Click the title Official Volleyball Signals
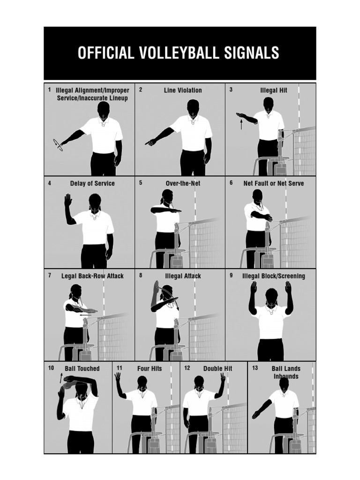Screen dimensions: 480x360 tap(179, 53)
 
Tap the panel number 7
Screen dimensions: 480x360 tap(50, 276)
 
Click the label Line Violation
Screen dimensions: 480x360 tap(183, 90)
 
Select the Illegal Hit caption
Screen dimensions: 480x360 tap(274, 90)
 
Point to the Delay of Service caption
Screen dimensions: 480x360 tap(92, 183)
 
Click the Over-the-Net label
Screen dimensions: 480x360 tap(183, 183)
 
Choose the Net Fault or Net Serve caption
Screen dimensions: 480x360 tap(273, 183)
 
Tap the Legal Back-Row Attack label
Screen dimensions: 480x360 tap(92, 276)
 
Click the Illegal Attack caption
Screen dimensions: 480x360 tap(183, 276)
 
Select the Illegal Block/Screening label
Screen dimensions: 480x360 tap(273, 276)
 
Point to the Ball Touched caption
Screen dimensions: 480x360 tap(82, 369)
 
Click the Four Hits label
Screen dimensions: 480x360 tap(150, 369)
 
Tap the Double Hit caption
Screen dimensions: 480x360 tap(218, 369)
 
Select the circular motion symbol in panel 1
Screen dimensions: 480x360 tap(58, 145)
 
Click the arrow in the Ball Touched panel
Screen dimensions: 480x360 tap(60, 377)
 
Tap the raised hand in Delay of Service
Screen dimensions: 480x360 tap(68, 201)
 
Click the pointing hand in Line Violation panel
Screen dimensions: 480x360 tap(149, 142)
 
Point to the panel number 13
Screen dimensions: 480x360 tap(255, 368)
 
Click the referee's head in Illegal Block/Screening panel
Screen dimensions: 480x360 tap(271, 295)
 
